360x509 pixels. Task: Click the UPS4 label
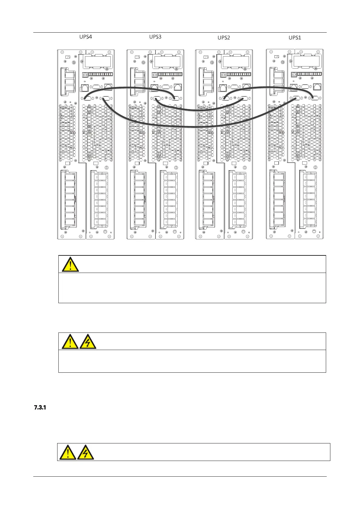pos(86,37)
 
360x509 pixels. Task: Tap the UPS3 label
pos(155,37)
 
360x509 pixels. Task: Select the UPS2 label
pos(224,37)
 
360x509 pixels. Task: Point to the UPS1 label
pos(295,37)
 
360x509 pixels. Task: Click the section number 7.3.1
pos(40,408)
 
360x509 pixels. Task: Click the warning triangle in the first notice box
pos(70,264)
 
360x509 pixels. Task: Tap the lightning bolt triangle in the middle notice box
pos(88,342)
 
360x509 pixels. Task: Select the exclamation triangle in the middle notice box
pos(70,342)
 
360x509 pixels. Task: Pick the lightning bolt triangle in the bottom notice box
pos(85,452)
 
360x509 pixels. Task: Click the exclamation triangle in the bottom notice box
pos(67,452)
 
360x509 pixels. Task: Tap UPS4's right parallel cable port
pos(106,98)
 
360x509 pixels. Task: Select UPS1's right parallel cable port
pos(315,97)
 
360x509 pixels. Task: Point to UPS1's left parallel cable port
pos(296,98)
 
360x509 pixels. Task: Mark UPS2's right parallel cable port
pos(244,98)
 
